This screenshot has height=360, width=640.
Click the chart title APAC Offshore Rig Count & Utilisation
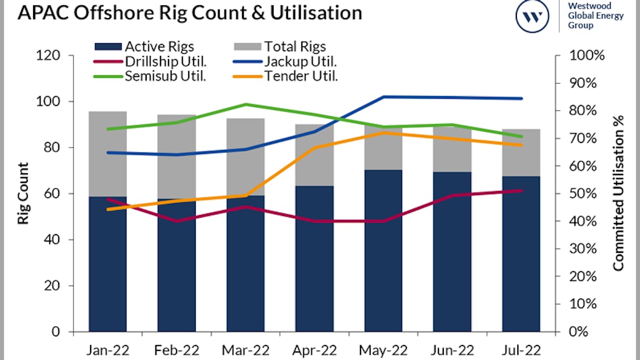pos(189,13)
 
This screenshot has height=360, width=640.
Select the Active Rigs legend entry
pos(144,47)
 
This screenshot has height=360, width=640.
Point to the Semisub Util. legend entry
pos(150,76)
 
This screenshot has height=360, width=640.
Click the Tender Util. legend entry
pos(286,76)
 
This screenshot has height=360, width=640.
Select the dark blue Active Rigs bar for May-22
pos(383,251)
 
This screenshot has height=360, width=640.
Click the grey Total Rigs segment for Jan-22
pos(108,155)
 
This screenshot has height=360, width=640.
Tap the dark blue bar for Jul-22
pos(521,253)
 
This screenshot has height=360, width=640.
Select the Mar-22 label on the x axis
pos(246,350)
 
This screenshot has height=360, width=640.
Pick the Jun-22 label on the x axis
pos(452,350)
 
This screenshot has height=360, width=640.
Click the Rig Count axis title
pos(24,194)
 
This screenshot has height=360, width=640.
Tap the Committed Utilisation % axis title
pos(618,194)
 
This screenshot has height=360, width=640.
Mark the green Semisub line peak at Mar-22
pos(246,104)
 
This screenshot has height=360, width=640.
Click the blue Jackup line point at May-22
pos(383,97)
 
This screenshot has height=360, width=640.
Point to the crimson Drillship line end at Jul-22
pos(521,190)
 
